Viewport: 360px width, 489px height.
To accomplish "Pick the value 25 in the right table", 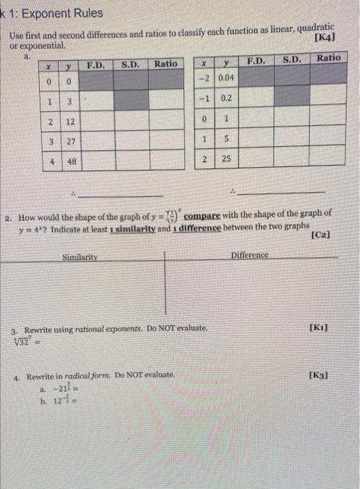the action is pyautogui.click(x=226, y=160).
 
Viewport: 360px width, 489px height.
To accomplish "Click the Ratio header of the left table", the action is pyautogui.click(x=166, y=64).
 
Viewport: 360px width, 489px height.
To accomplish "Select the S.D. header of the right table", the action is pyautogui.click(x=292, y=59).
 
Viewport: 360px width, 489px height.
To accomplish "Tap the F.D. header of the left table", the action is pyautogui.click(x=95, y=65).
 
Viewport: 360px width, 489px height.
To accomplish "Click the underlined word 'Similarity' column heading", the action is pyautogui.click(x=82, y=258).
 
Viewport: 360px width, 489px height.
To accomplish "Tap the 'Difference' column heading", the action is pyautogui.click(x=249, y=255).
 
